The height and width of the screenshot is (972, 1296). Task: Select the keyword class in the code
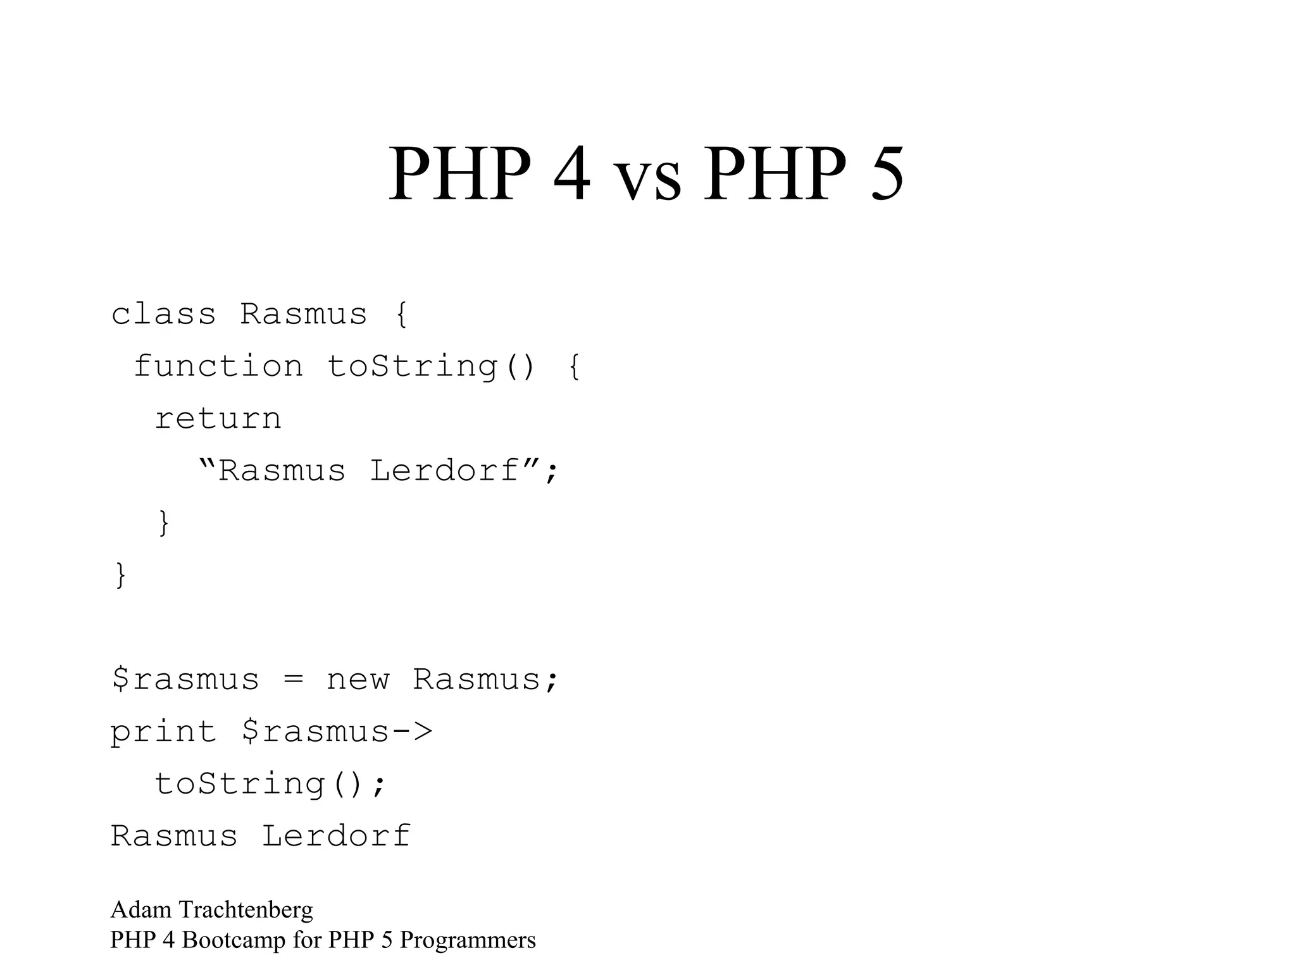pyautogui.click(x=163, y=314)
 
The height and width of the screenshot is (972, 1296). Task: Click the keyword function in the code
pyautogui.click(x=218, y=366)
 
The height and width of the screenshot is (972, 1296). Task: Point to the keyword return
pyautogui.click(x=218, y=419)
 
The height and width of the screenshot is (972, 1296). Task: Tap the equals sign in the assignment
pyautogui.click(x=293, y=680)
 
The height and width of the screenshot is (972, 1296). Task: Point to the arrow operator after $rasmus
pyautogui.click(x=412, y=732)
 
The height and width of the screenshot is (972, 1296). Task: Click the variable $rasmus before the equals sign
pyautogui.click(x=185, y=680)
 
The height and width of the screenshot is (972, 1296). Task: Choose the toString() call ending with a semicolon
pyautogui.click(x=270, y=784)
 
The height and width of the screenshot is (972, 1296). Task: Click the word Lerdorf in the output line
pyautogui.click(x=336, y=836)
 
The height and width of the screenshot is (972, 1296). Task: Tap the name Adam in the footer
pyautogui.click(x=141, y=910)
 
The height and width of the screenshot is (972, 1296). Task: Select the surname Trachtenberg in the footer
pyautogui.click(x=246, y=910)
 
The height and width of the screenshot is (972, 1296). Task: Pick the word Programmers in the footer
pyautogui.click(x=468, y=940)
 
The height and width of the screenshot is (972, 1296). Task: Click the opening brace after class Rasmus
pyautogui.click(x=401, y=314)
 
